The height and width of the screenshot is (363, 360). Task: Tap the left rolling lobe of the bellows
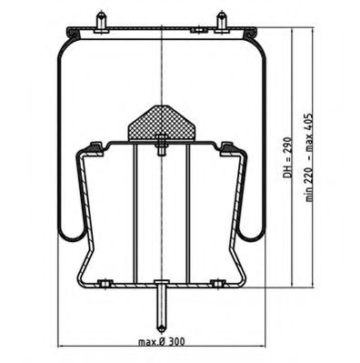coord(69,232)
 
